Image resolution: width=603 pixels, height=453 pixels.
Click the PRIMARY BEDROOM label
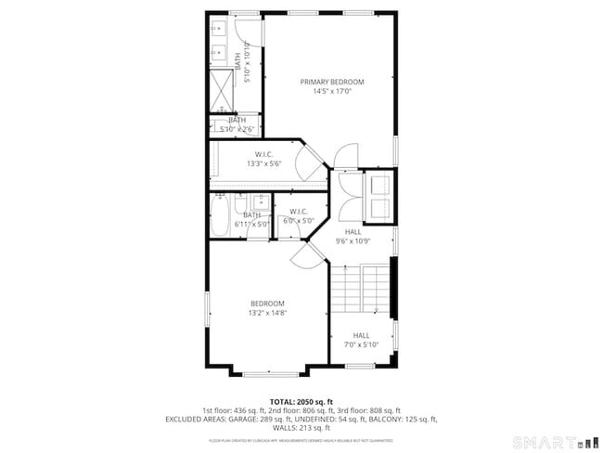pos(332,82)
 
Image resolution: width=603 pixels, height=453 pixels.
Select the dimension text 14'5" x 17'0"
pos(332,92)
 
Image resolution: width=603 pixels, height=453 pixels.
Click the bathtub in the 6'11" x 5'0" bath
pos(221,218)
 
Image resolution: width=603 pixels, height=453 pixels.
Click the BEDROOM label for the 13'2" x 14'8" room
pos(267,304)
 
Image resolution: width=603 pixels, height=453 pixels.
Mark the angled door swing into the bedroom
pos(303,255)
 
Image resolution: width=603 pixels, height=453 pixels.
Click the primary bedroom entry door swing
pos(344,154)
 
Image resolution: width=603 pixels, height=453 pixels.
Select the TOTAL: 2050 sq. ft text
pos(301,402)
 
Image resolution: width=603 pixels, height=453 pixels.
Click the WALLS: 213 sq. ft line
pos(301,428)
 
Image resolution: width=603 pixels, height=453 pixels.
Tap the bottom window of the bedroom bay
pos(271,374)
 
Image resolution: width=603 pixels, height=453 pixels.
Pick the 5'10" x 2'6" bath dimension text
pos(237,129)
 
